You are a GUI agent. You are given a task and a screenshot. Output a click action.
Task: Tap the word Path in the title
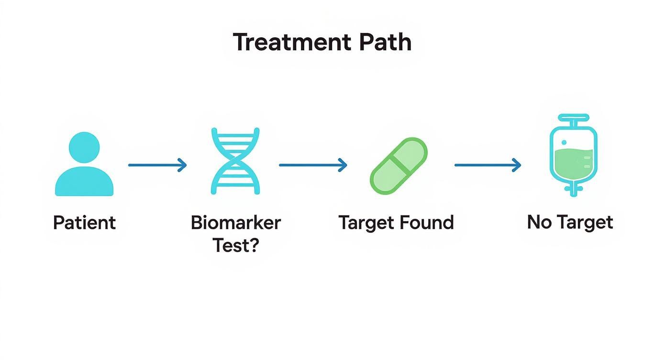tap(385, 42)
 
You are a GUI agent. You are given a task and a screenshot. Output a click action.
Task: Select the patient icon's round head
tap(84, 147)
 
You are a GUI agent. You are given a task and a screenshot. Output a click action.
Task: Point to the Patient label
tap(84, 223)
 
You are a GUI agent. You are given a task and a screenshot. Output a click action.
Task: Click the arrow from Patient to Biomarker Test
tap(157, 165)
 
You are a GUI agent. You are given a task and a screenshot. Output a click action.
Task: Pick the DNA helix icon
tap(235, 161)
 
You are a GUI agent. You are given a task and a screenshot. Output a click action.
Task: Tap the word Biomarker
tap(235, 223)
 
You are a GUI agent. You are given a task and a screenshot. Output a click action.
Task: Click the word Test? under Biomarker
tap(235, 245)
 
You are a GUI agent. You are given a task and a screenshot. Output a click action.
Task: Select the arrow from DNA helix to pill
tap(313, 165)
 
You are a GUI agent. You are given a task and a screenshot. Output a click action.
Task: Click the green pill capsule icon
tap(399, 166)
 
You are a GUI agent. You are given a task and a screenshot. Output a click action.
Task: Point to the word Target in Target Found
tap(367, 223)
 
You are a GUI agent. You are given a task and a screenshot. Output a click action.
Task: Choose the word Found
tap(427, 223)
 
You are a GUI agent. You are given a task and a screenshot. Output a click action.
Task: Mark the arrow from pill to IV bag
tap(488, 165)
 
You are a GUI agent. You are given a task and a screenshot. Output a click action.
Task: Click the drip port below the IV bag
tap(573, 190)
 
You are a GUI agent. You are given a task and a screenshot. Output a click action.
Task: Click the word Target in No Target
tap(585, 222)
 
